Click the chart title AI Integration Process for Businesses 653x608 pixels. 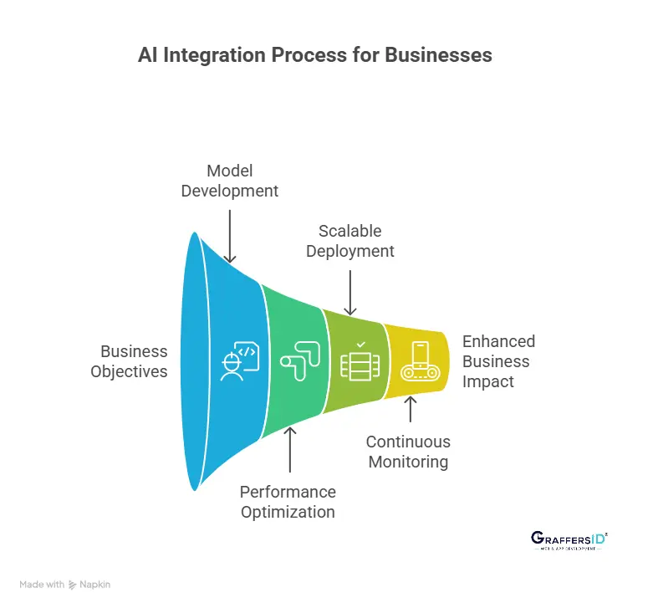point(315,56)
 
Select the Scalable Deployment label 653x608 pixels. point(349,240)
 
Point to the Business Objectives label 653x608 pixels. point(129,361)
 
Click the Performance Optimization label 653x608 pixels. point(288,502)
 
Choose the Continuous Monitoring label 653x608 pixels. point(408,452)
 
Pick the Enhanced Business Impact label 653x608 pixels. point(498,361)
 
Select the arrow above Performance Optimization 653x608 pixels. point(289,452)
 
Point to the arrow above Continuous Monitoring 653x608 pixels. point(410,410)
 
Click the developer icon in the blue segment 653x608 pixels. point(238,361)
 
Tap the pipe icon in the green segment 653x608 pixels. point(297,362)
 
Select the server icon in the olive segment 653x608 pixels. point(360,365)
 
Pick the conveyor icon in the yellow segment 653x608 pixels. point(420,360)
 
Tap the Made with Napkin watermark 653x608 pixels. point(64,585)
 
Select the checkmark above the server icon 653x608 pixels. point(360,345)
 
